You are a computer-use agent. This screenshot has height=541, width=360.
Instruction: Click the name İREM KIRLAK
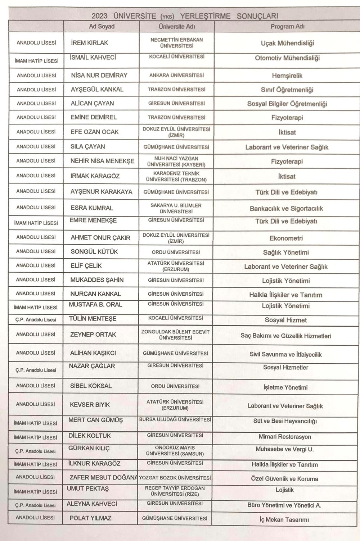coord(89,43)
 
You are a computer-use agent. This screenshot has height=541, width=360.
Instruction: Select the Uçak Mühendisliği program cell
coord(287,43)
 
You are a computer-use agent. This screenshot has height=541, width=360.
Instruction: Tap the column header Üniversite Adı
coord(176,27)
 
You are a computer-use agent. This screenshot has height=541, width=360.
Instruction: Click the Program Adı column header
coord(287,27)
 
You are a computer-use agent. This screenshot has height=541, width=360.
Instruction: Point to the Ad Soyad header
coord(102,27)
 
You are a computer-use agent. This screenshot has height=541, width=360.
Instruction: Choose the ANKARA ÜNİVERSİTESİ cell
coord(176,75)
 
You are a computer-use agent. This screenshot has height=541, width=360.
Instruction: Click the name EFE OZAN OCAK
coord(94,132)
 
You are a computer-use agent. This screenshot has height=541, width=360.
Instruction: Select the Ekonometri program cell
coord(286,238)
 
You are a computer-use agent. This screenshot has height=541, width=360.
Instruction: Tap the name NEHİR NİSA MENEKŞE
coord(102,161)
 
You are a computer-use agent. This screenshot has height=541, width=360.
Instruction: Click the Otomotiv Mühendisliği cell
coord(287,58)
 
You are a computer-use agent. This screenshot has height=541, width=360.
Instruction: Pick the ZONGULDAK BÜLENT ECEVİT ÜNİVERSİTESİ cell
coord(175,335)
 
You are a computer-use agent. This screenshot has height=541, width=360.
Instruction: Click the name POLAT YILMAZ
coord(90,518)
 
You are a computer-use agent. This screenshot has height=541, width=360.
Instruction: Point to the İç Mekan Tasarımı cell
coord(284,519)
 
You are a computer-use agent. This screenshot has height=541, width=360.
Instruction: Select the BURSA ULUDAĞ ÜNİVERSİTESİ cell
coord(175,420)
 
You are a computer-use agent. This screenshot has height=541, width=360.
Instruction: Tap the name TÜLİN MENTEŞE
coord(93,319)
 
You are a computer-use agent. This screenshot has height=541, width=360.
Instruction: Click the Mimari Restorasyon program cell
coord(285,437)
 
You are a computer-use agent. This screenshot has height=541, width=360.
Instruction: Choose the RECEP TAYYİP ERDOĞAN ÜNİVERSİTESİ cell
coord(175,491)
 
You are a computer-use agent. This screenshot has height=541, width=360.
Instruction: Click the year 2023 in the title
coord(99,16)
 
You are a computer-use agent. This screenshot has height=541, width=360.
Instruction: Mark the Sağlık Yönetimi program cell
coord(286,253)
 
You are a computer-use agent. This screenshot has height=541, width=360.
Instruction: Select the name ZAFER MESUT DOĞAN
coord(104,478)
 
